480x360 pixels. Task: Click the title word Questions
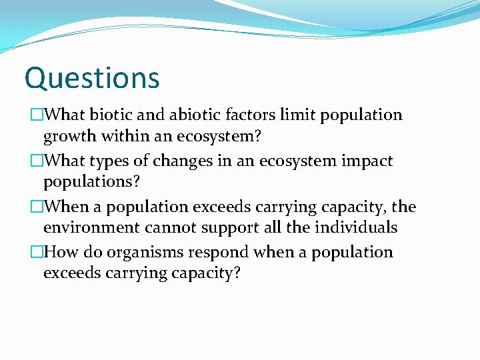92,78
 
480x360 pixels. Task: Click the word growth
71,138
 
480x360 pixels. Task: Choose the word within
128,137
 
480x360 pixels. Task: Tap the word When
73,207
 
